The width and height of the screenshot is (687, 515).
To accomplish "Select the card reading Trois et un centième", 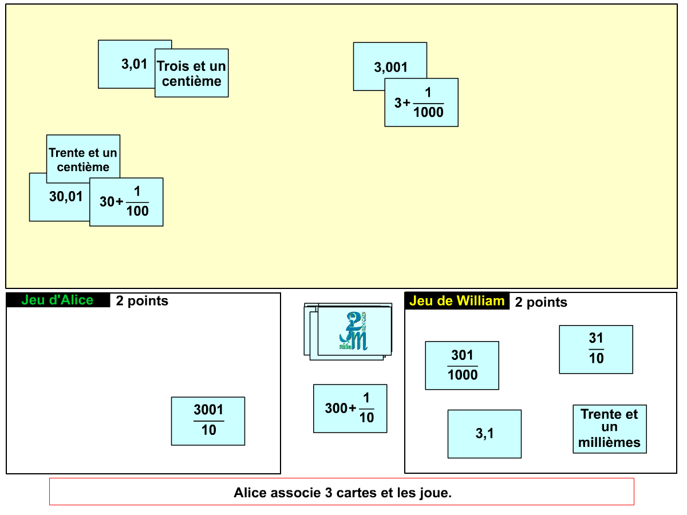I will click(192, 73).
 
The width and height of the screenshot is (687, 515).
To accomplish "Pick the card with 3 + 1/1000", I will click(421, 103).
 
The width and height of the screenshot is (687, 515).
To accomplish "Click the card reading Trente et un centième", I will click(83, 159).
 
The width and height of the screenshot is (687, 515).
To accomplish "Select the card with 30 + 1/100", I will click(126, 202).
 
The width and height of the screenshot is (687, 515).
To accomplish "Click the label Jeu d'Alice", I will click(57, 300).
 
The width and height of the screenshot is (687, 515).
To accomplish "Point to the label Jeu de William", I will click(457, 301).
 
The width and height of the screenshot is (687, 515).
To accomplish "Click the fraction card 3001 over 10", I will click(208, 421).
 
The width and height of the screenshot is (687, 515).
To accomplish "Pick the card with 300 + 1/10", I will click(350, 409).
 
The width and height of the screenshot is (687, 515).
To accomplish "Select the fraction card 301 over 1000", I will click(462, 366).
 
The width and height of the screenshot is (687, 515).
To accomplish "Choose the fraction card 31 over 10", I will click(596, 349).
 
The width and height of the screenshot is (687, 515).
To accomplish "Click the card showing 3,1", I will click(484, 434).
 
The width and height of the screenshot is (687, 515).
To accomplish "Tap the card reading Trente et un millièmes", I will click(610, 429).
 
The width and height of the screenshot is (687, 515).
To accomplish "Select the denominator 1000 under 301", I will click(462, 375).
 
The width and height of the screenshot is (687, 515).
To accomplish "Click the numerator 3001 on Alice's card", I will click(208, 410).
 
